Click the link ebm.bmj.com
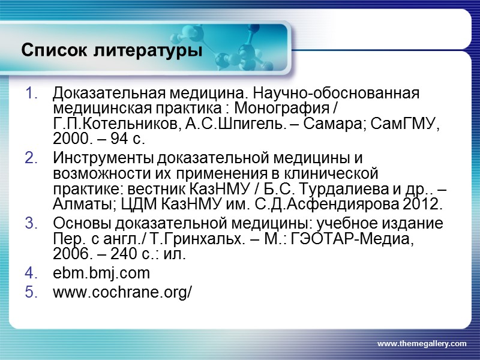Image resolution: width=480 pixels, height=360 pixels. tap(101, 274)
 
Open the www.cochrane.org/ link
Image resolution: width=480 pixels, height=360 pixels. tap(122, 292)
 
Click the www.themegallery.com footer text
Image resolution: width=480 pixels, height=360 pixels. tap(421, 343)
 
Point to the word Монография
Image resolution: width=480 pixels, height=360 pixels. tap(278, 110)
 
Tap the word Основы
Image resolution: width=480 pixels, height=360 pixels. tap(79, 224)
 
